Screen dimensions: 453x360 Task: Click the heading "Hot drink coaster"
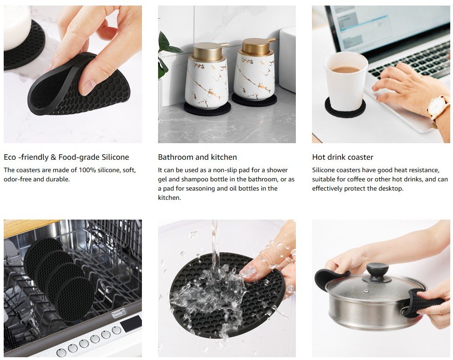click(x=343, y=157)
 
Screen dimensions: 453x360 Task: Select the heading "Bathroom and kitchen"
click(x=197, y=157)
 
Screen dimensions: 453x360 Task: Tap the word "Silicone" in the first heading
click(x=115, y=157)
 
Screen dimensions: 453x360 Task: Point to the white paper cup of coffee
click(x=346, y=81)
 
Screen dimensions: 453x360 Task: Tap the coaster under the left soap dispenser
click(x=207, y=109)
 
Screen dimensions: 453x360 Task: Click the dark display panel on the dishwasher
click(x=131, y=323)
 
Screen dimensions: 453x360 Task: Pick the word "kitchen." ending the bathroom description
click(x=169, y=198)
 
